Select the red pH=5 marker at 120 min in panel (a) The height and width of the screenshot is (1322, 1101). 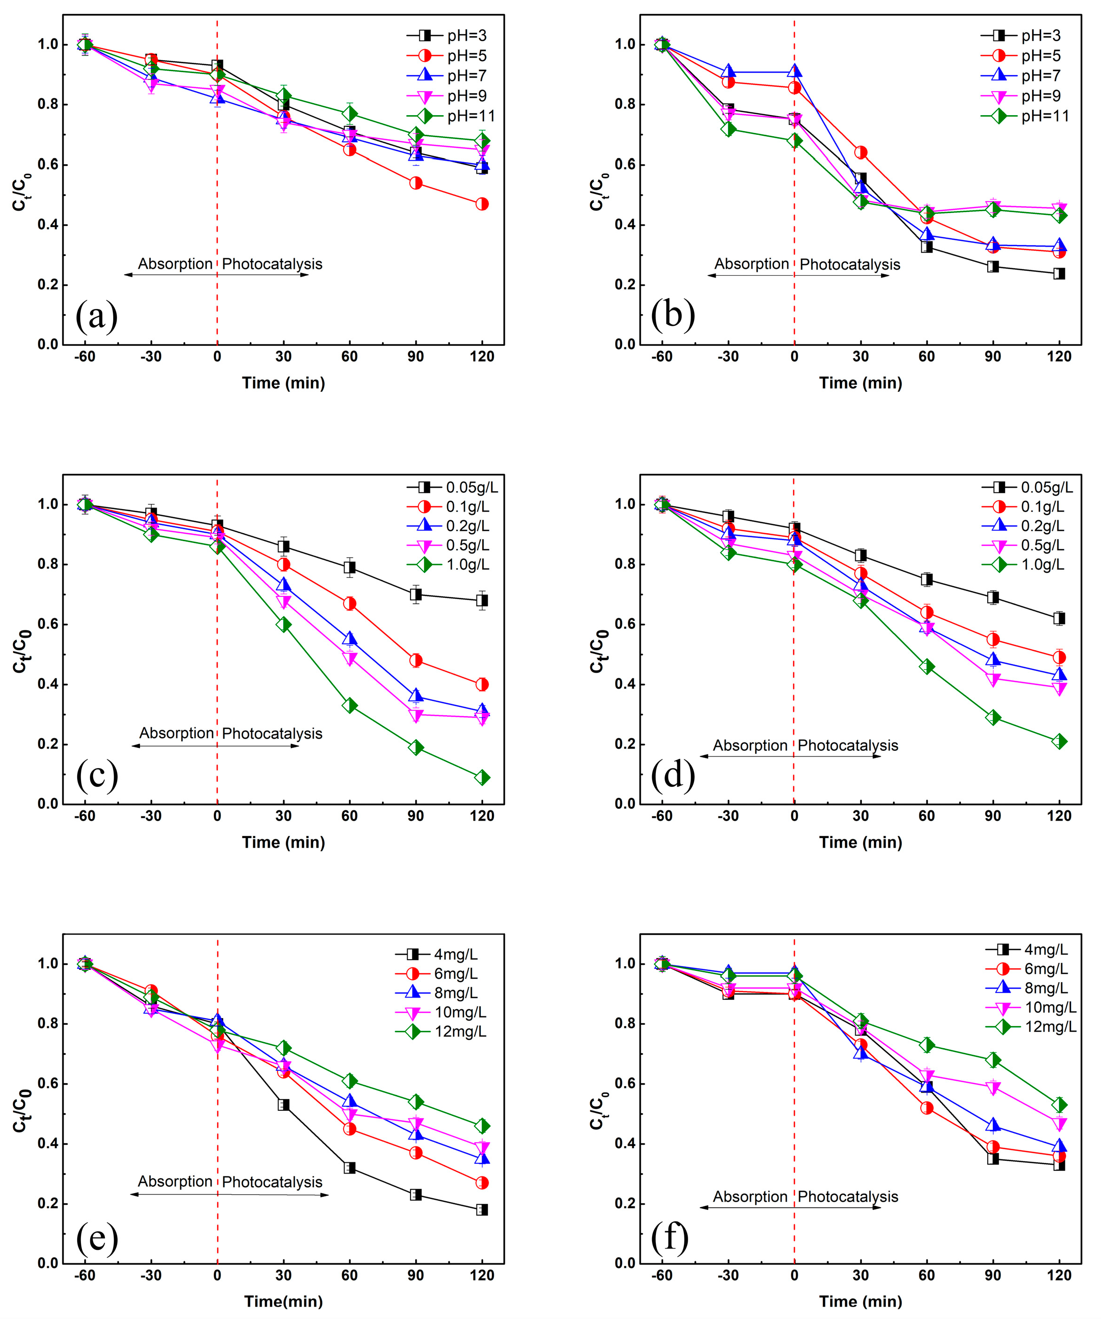[482, 204]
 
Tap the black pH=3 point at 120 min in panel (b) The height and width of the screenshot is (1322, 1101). [1059, 274]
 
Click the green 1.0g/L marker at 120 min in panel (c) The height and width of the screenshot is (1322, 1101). [482, 778]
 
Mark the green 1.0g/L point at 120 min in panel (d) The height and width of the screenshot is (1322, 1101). [1059, 742]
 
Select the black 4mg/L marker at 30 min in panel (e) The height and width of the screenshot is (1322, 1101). [283, 1105]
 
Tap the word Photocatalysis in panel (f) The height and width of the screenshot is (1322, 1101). [848, 1197]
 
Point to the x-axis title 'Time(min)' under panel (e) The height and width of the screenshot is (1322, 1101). [283, 1301]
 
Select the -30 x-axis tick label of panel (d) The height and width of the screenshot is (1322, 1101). [728, 816]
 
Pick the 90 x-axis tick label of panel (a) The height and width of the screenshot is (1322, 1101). [416, 357]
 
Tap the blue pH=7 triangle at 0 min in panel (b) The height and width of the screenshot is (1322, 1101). [794, 72]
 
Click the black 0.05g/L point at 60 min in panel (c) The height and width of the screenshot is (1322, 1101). [349, 568]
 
